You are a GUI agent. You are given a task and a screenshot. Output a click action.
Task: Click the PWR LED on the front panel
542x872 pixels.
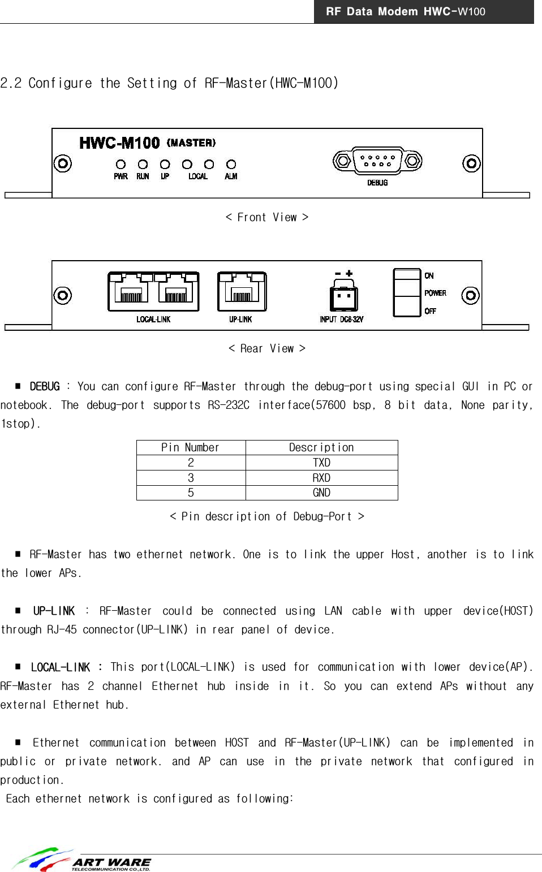coord(121,165)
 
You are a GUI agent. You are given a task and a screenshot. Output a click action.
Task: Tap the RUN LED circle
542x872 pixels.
coord(143,165)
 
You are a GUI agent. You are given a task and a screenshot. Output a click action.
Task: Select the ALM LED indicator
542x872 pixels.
coord(231,165)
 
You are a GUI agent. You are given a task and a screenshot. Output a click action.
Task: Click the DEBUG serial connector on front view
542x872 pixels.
coord(377,161)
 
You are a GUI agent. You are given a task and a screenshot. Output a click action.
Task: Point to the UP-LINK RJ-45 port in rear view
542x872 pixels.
coord(242,292)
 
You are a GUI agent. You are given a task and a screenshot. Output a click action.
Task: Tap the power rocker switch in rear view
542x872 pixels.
coord(407,292)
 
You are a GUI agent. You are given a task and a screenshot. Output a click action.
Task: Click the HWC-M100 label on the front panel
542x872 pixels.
coord(119,143)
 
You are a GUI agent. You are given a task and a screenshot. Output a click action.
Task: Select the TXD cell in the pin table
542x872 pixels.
coord(321,463)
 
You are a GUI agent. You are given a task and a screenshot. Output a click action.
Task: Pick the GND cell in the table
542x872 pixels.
coord(321,493)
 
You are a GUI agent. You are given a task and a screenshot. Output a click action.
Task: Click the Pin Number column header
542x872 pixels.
coord(191,447)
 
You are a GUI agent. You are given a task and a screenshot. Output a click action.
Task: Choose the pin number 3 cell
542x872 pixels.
coord(191,478)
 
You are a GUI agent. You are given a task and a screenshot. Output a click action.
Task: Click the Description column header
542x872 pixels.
coord(321,447)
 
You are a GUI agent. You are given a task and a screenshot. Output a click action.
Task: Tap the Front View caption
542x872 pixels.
coord(267,218)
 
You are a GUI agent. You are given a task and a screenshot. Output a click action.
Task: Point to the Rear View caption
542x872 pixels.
coord(267,348)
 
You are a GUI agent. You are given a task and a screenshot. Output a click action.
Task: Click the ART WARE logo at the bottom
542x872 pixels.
coord(82,860)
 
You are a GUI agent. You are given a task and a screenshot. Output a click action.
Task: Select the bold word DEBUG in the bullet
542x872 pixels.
coord(44,387)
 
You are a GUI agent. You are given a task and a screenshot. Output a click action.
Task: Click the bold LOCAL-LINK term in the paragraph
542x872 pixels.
coord(60,667)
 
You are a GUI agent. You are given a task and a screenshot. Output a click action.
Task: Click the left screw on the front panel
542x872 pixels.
coord(62,164)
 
